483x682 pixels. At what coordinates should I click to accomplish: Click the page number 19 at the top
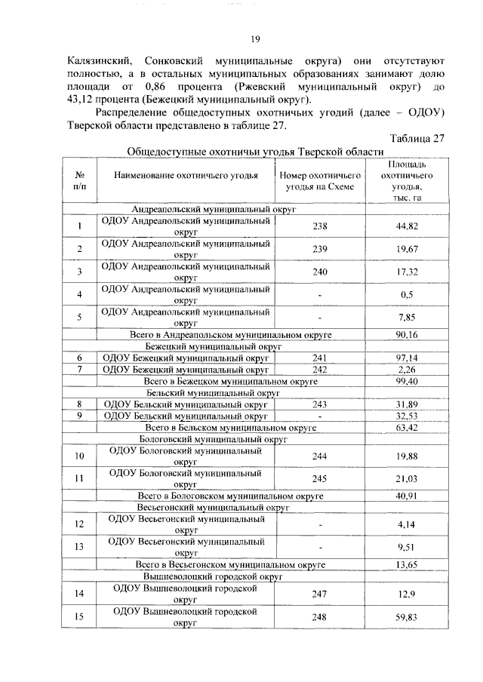[255, 40]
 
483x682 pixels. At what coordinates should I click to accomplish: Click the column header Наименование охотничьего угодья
[186, 176]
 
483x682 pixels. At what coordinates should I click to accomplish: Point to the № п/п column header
[79, 180]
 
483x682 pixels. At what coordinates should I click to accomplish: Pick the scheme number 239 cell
[321, 248]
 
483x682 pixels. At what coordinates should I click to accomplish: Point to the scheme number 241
[321, 358]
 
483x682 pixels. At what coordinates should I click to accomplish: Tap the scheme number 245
[321, 478]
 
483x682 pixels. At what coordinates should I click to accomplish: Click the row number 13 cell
[79, 546]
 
